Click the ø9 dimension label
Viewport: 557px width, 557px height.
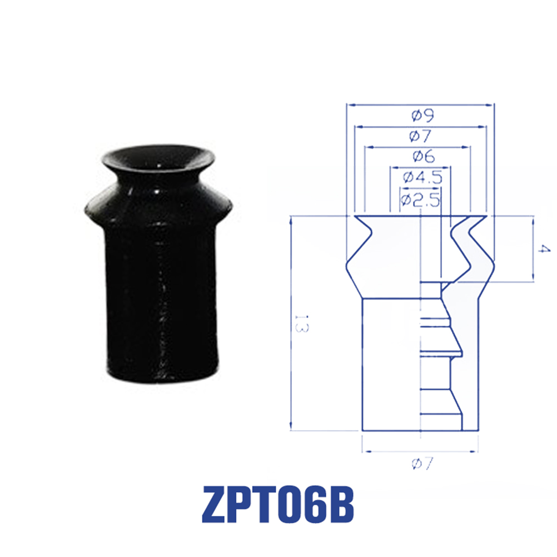click(422, 115)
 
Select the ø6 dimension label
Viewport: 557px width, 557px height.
click(424, 156)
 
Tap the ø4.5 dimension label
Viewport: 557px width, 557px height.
click(422, 177)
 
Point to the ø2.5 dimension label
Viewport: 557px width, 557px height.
click(420, 200)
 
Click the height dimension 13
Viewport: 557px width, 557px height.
click(302, 324)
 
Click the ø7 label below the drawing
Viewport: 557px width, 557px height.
click(422, 463)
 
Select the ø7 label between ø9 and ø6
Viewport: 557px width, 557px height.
click(420, 136)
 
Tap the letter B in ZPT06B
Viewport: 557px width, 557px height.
click(340, 505)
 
